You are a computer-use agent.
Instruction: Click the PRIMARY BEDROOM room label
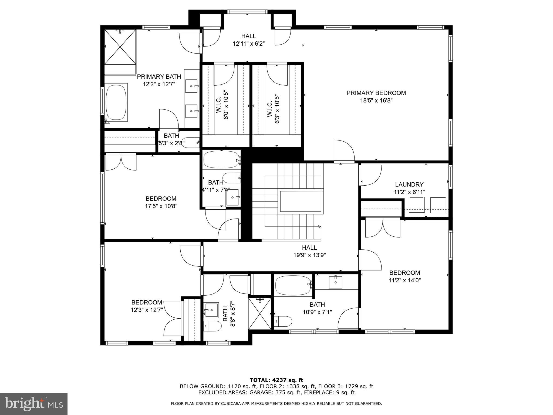(x=376, y=93)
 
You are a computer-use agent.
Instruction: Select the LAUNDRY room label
(x=409, y=185)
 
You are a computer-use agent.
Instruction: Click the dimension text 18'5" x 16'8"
(x=376, y=101)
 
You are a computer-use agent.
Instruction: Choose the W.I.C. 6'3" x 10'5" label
(x=273, y=109)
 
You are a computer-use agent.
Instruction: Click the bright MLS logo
(x=34, y=404)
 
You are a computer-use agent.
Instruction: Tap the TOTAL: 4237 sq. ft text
(x=276, y=380)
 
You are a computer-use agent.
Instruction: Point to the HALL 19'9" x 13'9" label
(x=309, y=251)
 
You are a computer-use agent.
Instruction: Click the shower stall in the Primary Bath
(x=120, y=47)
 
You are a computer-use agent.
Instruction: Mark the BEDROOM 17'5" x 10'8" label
(x=161, y=202)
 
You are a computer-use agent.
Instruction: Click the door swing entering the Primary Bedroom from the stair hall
(x=343, y=151)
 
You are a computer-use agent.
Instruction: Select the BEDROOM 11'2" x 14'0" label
(x=404, y=276)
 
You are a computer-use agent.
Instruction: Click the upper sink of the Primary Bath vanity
(x=191, y=86)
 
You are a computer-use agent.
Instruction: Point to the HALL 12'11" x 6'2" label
(x=248, y=40)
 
